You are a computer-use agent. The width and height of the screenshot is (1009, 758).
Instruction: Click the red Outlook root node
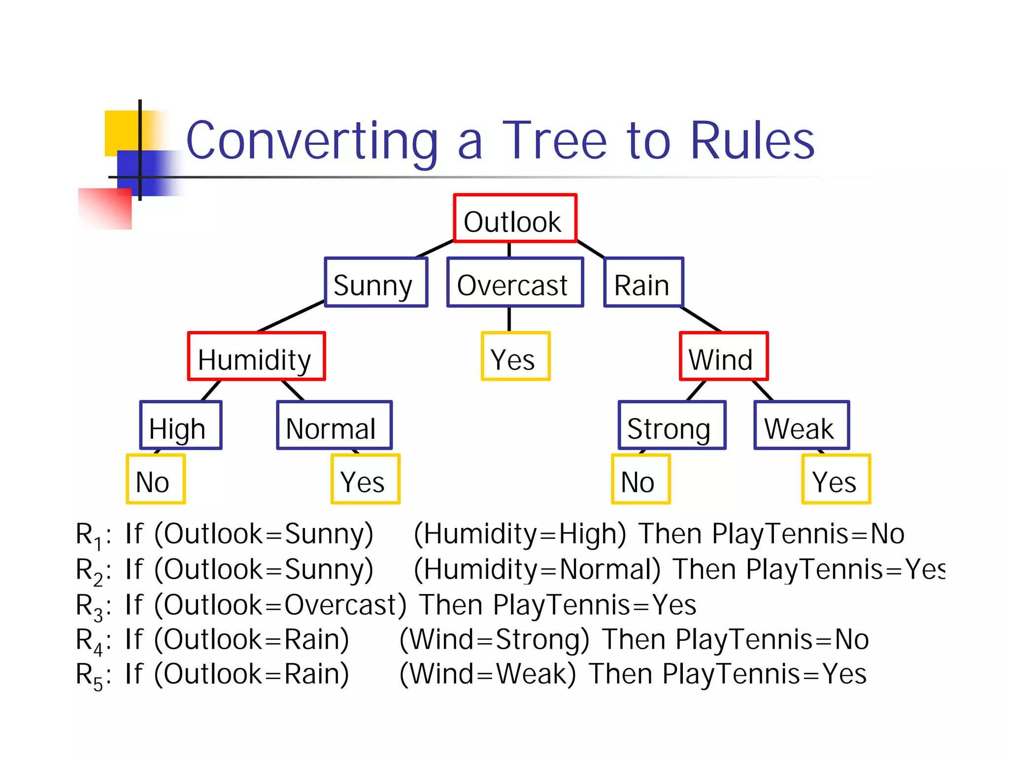click(515, 219)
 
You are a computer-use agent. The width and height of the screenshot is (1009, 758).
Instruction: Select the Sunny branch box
click(376, 283)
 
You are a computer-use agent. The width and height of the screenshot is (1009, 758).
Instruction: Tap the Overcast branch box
click(515, 283)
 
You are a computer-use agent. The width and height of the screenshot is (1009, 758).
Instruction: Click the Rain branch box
click(643, 283)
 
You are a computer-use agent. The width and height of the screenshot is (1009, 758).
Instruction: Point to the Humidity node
click(256, 357)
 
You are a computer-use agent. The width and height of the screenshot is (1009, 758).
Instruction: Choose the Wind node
click(723, 357)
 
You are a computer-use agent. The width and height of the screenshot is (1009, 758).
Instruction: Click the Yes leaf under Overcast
click(515, 357)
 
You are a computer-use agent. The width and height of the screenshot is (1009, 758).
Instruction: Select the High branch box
click(181, 426)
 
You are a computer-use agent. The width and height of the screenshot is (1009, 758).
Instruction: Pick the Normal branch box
click(334, 426)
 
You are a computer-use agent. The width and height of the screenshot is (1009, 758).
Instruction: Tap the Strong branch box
click(672, 426)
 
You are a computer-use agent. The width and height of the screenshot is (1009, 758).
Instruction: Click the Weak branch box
click(802, 426)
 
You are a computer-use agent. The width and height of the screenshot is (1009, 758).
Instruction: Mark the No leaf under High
click(156, 479)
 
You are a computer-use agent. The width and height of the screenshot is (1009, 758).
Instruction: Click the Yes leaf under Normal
click(365, 479)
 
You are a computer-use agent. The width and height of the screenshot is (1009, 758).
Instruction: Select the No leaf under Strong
click(640, 479)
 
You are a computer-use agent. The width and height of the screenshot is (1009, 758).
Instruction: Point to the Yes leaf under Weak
click(836, 479)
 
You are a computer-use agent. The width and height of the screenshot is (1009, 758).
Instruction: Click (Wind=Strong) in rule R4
click(494, 640)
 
